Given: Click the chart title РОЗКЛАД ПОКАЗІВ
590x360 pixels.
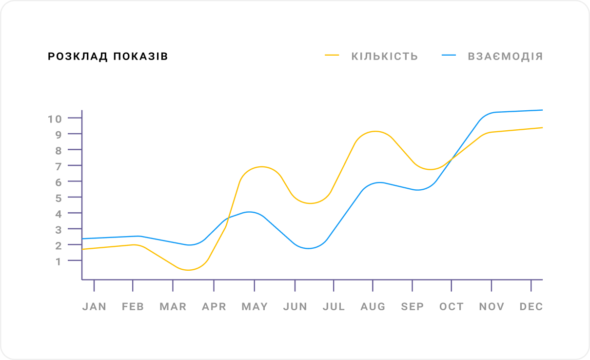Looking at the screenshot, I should point(108,57).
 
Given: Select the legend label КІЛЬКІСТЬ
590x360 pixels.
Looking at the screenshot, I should point(385,56).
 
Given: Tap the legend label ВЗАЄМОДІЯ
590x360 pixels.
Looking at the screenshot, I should point(505,56).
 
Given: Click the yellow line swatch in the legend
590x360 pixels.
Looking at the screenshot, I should point(332,56).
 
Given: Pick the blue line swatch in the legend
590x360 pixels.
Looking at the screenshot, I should point(449,56).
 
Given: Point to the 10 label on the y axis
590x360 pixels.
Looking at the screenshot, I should point(55,119).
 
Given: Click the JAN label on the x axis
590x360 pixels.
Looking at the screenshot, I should point(94,307).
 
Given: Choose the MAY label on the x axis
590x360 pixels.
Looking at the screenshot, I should point(255,307).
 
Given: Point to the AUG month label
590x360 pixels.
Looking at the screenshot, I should point(373,307).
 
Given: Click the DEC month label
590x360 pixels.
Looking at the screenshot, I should point(531,307).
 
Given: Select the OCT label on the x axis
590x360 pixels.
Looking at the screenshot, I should point(452,307).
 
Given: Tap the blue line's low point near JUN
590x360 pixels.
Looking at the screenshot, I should point(308,248).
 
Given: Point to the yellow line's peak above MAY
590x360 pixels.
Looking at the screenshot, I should point(262,167).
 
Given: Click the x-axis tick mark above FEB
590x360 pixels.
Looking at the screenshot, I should point(133,285).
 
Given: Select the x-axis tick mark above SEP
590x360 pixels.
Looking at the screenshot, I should point(413,285).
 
